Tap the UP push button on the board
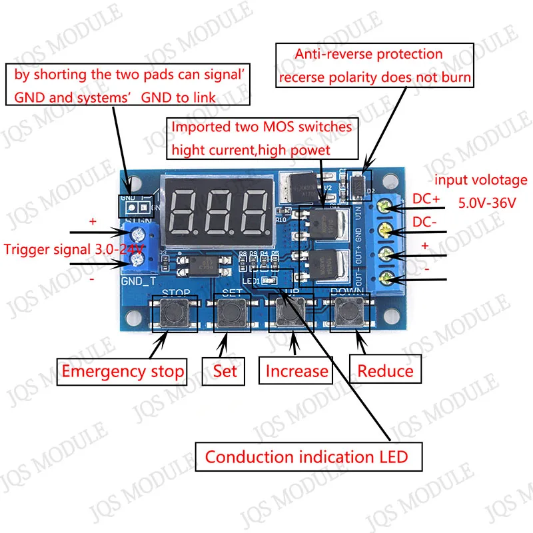point(287,313)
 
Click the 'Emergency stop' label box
point(123,371)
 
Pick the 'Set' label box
point(225,370)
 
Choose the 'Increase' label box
point(297,371)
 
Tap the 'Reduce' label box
point(386,371)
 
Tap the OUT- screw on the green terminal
point(386,277)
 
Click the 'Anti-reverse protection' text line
point(368,54)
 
